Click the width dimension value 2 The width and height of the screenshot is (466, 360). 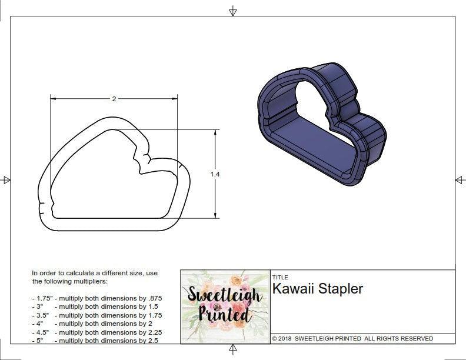click(x=114, y=99)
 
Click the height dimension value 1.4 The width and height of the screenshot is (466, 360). click(x=216, y=174)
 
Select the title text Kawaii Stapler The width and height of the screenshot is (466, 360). click(x=317, y=289)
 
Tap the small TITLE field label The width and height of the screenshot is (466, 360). click(x=279, y=277)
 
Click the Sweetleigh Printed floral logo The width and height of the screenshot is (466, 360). click(x=224, y=306)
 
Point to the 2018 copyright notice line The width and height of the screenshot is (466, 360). click(x=352, y=339)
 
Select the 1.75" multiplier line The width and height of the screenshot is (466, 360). click(x=96, y=298)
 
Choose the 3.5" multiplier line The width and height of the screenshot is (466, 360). click(x=96, y=315)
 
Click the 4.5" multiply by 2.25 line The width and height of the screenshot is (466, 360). click(x=96, y=332)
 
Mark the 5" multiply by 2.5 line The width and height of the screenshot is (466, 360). click(x=94, y=341)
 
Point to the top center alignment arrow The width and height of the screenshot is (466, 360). click(x=233, y=11)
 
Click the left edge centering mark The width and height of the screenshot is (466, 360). click(x=6, y=180)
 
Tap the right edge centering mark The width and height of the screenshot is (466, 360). click(x=460, y=180)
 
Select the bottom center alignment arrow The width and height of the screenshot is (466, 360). click(x=233, y=350)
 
